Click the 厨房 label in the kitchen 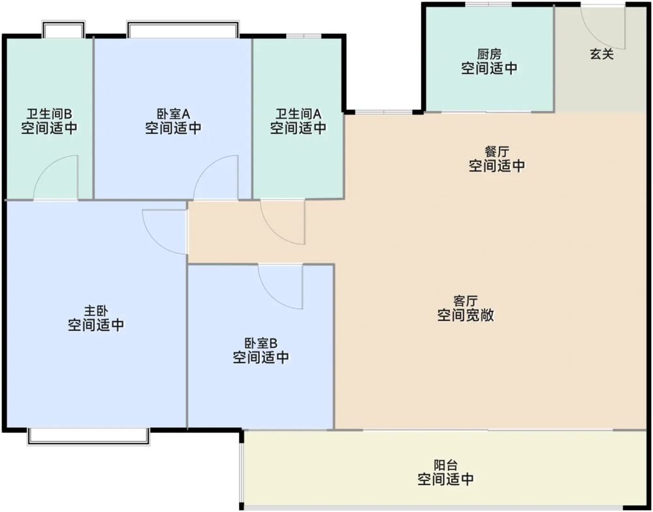pos(489,54)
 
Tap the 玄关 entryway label pos(602,54)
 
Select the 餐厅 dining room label pos(497,152)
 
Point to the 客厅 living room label pos(465,301)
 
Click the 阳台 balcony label pos(445,464)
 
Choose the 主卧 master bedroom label pos(96,311)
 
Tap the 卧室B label pos(261,344)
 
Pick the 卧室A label pos(173,114)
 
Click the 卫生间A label pos(298,114)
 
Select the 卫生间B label pos(49,114)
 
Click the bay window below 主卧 pos(88,437)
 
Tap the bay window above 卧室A pos(183,29)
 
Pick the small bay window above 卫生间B pos(64,29)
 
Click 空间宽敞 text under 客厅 pos(465,315)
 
